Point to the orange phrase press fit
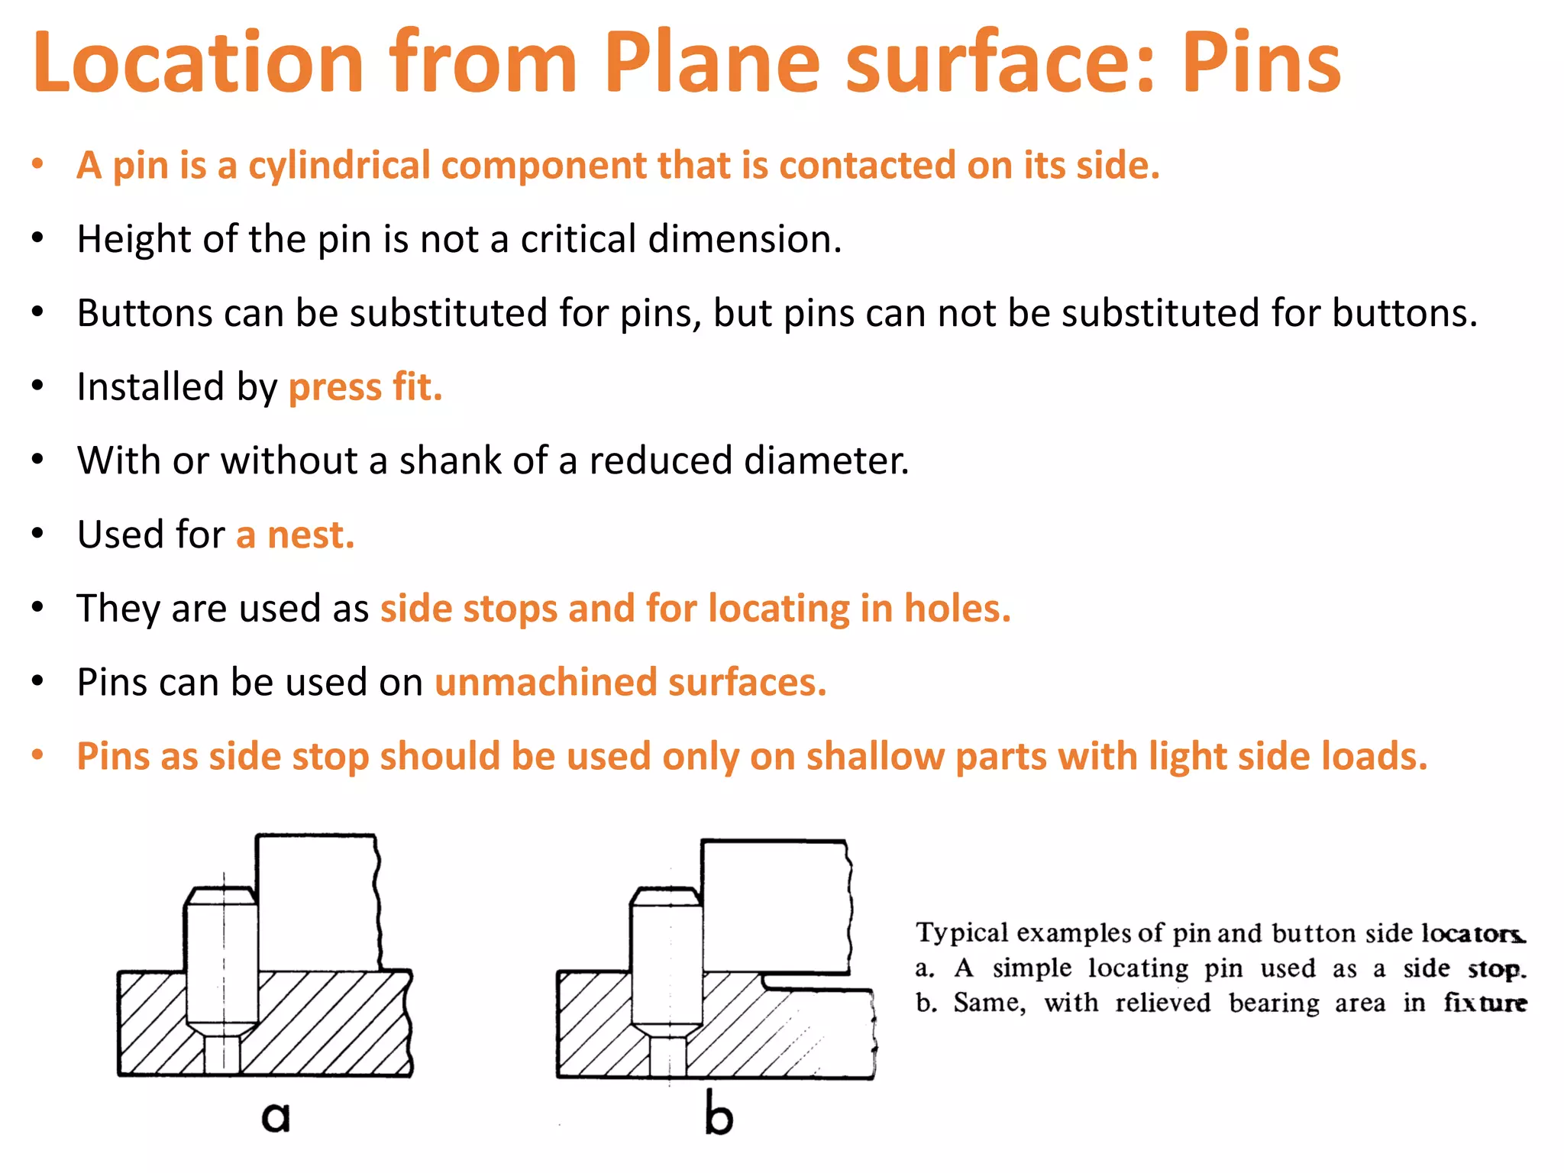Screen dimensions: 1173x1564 365,387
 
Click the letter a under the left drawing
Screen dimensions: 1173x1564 276,1116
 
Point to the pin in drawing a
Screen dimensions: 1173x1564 222,962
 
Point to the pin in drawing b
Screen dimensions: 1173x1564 667,962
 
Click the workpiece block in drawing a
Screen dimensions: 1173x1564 317,901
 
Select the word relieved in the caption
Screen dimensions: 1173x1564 1162,1003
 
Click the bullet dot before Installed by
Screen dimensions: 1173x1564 37,386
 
